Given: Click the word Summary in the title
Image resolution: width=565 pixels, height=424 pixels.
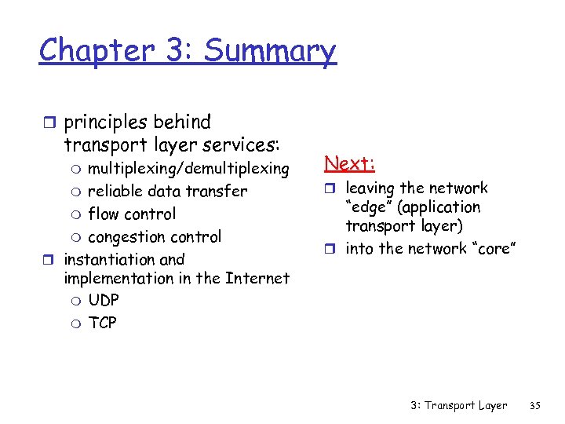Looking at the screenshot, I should pos(269,51).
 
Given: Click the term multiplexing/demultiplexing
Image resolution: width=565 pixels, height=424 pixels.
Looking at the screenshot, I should pos(188,169).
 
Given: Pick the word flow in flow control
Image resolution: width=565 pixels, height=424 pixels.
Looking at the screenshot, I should pos(103,214).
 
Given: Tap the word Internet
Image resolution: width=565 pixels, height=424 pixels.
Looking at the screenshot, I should pos(257,278).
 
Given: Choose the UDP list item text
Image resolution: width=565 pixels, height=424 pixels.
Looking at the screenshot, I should pos(104,300).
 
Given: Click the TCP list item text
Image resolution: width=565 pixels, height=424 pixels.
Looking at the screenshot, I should pos(102,323).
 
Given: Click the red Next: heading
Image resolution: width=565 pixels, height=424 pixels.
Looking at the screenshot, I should pos(350,163).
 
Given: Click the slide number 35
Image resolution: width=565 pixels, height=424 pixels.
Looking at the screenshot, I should pos(536,406).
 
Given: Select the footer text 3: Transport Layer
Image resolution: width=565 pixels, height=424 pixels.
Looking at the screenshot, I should pos(458,406).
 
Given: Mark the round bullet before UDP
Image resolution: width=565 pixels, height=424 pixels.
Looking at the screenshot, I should pos(76,301).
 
